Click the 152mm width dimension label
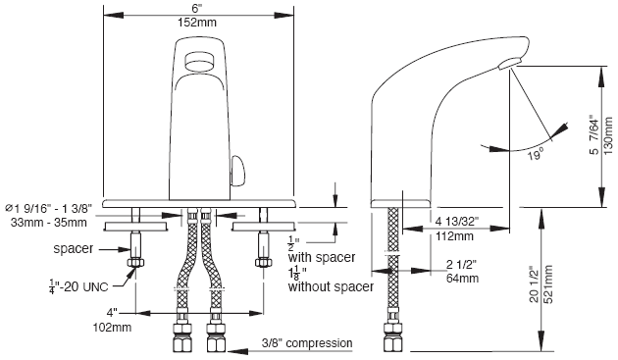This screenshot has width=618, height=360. pos(196,23)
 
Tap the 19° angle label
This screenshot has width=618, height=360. pos(536,155)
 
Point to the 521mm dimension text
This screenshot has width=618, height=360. pos(548,283)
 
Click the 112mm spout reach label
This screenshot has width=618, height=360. pos(454,236)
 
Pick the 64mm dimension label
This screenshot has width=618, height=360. pos(462,278)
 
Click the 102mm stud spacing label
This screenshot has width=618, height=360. pos(112,328)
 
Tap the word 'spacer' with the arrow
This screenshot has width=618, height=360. pos(74,249)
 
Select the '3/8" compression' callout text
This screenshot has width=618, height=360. pos(307,343)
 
